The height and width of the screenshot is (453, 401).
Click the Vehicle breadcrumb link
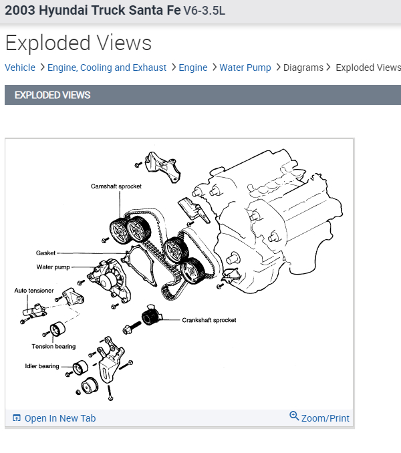20,67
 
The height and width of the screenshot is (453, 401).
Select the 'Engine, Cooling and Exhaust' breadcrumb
107,67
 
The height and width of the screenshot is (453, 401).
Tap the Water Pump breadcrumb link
245,67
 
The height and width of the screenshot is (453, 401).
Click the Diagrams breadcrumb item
303,67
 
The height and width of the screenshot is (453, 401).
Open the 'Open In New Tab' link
60,418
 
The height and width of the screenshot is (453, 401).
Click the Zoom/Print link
325,418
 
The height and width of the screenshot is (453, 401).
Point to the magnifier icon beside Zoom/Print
294,416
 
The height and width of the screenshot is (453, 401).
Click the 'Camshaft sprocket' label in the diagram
116,186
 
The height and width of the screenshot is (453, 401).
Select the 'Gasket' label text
46,253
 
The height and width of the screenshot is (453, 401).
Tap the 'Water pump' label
53,267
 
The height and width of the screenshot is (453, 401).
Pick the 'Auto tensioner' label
35,291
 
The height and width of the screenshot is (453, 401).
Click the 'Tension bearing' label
53,347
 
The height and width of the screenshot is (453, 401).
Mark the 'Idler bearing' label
43,366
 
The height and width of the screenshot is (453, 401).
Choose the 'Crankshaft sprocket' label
209,320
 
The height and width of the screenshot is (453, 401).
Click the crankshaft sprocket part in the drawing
150,316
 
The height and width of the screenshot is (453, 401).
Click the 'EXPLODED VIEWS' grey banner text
52,95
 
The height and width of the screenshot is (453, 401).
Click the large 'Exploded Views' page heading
78,43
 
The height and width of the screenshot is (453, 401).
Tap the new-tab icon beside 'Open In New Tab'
17,418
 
